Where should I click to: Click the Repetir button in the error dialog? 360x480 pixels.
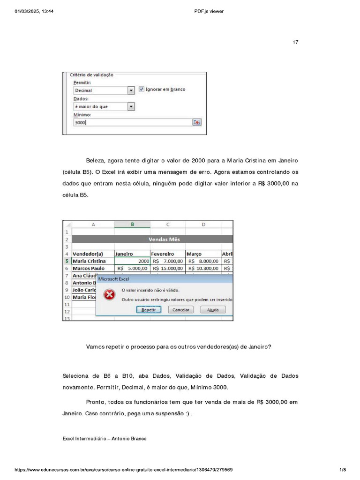point(149,310)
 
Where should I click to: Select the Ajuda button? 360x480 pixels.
point(212,310)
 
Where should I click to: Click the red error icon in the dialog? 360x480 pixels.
point(109,295)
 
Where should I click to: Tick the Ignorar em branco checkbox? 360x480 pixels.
point(142,89)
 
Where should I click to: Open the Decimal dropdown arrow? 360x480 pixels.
point(131,90)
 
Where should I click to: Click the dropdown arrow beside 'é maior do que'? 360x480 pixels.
point(131,106)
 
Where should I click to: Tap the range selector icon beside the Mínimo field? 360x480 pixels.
point(197,122)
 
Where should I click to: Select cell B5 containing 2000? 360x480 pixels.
point(132,261)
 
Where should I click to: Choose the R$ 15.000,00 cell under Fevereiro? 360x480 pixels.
point(168,269)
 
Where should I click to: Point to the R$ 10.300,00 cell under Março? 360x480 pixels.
point(203,269)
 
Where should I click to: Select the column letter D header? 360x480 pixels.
point(203,225)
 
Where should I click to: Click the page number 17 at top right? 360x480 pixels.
point(295,42)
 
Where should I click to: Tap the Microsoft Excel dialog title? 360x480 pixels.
point(113,279)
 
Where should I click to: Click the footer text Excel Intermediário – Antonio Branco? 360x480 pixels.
point(104,439)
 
